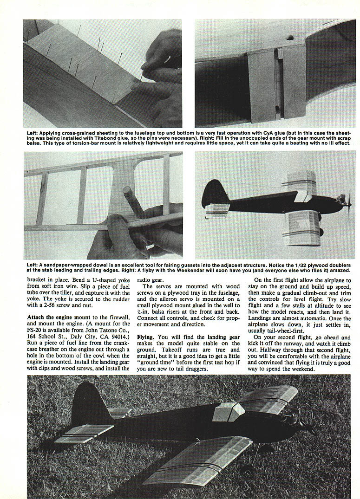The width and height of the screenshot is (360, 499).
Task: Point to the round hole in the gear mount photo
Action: tap(290, 37)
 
